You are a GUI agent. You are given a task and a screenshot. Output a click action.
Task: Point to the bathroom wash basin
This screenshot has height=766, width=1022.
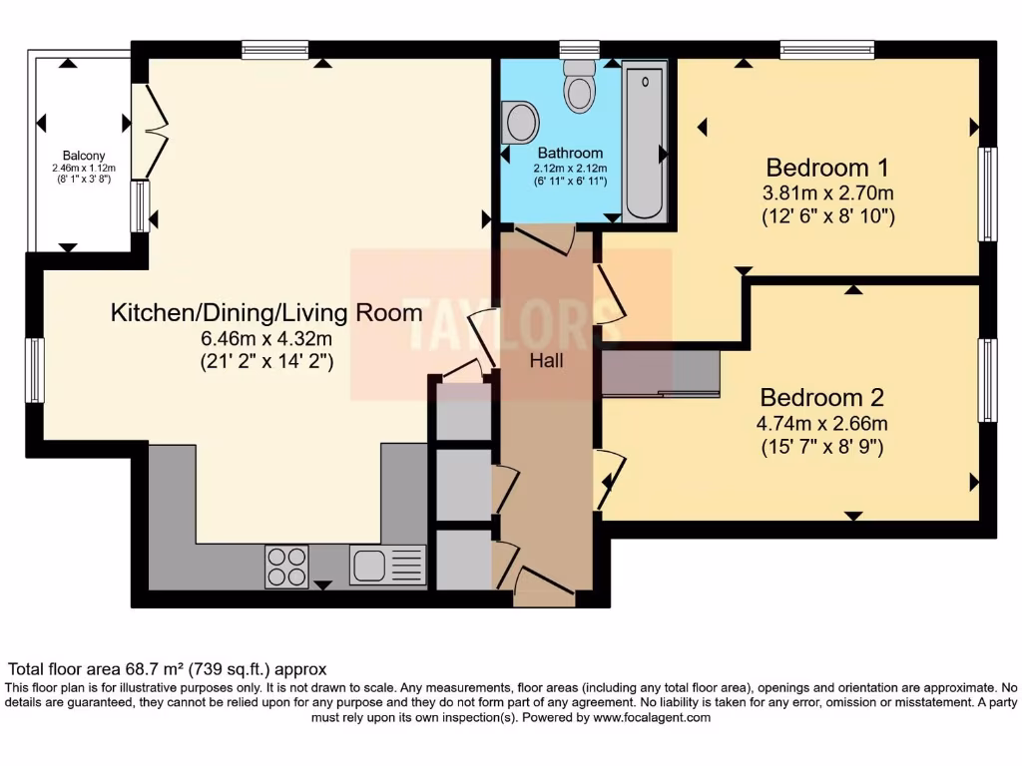pos(519,123)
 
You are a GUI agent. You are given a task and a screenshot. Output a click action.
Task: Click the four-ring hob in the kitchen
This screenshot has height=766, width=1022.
pos(286,567)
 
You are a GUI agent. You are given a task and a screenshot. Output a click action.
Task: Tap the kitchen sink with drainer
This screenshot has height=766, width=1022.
pos(387,566)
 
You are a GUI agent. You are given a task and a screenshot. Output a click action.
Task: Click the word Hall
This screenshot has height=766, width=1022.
pos(546,360)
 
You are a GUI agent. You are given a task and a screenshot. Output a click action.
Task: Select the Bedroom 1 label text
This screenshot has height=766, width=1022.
pos(827,167)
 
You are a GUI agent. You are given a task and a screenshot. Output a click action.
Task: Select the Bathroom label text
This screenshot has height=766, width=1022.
pos(570,154)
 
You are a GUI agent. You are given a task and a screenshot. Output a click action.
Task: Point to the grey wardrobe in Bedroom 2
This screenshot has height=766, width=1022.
pos(661,372)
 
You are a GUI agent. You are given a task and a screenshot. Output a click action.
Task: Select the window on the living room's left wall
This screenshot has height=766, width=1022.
pos(35,370)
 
